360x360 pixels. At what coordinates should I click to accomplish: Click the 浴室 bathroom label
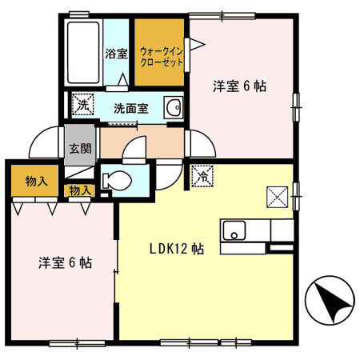point(117,55)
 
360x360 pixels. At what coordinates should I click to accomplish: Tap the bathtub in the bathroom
point(82,51)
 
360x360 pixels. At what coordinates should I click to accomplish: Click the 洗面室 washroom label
point(130,108)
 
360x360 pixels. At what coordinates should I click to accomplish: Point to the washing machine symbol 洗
point(82,103)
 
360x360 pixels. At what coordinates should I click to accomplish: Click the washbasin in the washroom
point(172,108)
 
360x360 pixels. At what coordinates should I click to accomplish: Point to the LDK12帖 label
point(175,248)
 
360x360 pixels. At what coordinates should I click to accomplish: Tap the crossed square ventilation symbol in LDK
point(277,194)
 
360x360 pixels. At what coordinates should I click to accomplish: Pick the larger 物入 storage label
point(34,181)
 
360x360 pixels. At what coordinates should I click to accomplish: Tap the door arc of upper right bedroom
point(201,145)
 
